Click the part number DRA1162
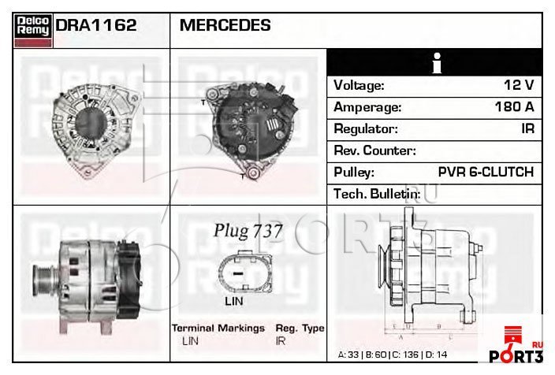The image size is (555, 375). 96,25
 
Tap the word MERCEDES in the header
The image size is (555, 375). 225,25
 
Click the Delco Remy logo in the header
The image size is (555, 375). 33,31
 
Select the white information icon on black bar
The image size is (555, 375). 437,63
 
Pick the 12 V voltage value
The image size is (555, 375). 519,85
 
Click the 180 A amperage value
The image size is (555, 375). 514,106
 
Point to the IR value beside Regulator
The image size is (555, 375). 527,128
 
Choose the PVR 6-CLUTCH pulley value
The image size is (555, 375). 486,172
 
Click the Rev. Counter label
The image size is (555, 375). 374,150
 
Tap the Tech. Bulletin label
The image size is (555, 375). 377,194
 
